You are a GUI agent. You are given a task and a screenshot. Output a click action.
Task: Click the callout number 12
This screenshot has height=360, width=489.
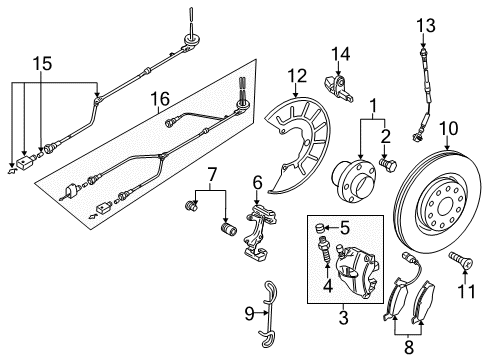[297, 76]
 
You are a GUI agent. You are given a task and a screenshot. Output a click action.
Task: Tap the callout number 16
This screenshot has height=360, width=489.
[160, 99]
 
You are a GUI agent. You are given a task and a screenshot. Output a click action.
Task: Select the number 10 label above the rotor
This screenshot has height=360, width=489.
[449, 128]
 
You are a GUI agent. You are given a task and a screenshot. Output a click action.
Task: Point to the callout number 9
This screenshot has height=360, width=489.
[249, 314]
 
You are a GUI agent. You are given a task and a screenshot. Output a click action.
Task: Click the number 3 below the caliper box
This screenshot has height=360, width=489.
[343, 318]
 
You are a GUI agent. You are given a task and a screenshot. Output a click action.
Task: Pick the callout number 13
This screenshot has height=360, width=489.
[426, 25]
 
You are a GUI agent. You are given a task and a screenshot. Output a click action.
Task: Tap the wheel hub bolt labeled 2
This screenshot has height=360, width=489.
[388, 165]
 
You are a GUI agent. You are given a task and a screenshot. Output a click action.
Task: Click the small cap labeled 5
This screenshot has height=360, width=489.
[320, 229]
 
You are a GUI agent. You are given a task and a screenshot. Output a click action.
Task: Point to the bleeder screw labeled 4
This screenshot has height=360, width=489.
[324, 250]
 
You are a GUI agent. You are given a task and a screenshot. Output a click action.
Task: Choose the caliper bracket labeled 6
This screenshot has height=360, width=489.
[257, 232]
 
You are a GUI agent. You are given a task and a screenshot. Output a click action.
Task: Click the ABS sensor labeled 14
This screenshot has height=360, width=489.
[338, 87]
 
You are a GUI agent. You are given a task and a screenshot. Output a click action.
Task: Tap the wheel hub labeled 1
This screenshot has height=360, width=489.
[354, 180]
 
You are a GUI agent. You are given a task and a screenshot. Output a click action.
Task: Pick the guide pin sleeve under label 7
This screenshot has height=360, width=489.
[229, 229]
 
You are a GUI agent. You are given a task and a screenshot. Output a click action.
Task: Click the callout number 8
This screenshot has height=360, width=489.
[409, 347]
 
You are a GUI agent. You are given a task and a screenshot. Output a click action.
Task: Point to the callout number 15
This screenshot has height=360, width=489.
[42, 63]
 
